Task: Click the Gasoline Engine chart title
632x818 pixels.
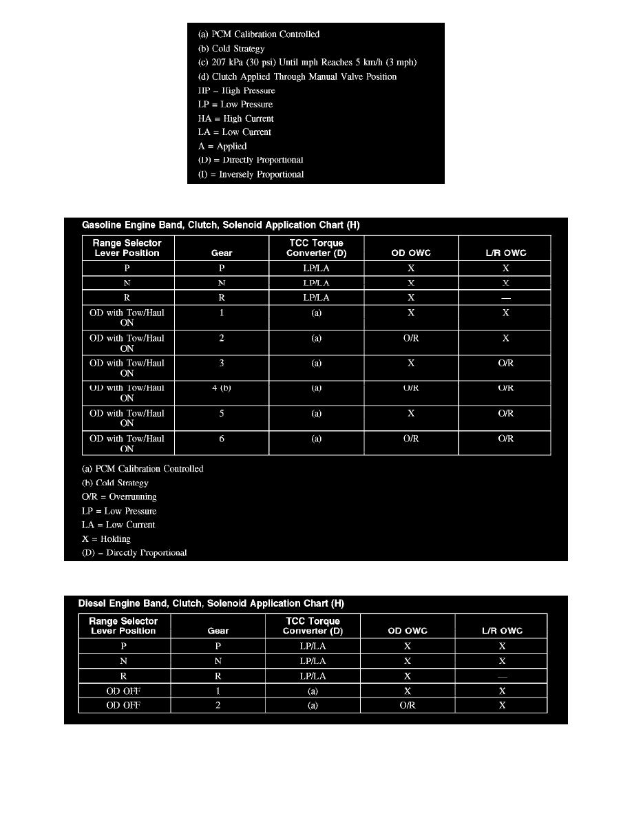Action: pyautogui.click(x=220, y=225)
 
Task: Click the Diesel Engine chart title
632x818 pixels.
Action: pyautogui.click(x=211, y=604)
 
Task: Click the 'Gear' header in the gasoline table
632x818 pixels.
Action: pyautogui.click(x=222, y=253)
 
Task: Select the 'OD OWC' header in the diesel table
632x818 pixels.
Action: pyautogui.click(x=408, y=631)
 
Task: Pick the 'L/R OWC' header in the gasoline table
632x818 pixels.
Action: pyautogui.click(x=505, y=253)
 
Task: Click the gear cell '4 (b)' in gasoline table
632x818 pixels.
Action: pyautogui.click(x=222, y=388)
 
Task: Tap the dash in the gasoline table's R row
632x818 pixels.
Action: pyautogui.click(x=505, y=298)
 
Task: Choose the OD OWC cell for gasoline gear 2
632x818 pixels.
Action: pyautogui.click(x=411, y=338)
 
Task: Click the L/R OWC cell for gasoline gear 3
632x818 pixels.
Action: pyautogui.click(x=505, y=363)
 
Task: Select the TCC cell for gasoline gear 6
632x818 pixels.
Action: pyautogui.click(x=316, y=439)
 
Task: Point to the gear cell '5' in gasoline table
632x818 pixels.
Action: pyautogui.click(x=222, y=414)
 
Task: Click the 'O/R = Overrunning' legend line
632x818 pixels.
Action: pyautogui.click(x=119, y=496)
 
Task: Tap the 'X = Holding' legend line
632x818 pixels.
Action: pyautogui.click(x=106, y=538)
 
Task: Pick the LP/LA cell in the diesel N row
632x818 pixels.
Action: pyautogui.click(x=314, y=661)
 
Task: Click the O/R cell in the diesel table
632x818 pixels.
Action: pyautogui.click(x=408, y=705)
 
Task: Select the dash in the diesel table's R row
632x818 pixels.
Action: pyautogui.click(x=502, y=676)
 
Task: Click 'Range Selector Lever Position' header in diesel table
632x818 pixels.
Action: pyautogui.click(x=123, y=626)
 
